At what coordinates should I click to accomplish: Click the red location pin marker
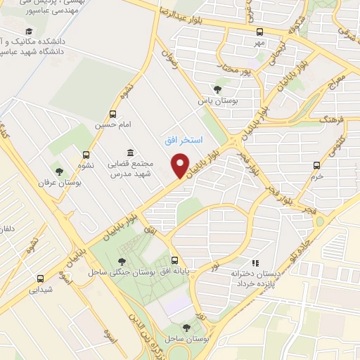tap(180, 166)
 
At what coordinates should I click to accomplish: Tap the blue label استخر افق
tap(183, 141)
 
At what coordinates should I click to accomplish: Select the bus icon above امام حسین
tap(112, 115)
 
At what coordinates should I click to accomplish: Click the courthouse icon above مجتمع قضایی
tap(129, 153)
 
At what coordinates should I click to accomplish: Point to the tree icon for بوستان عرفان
tap(59, 171)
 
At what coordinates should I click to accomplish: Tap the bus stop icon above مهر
tap(259, 32)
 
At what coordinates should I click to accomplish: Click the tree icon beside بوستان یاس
tap(218, 89)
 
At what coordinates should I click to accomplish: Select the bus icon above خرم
tap(316, 166)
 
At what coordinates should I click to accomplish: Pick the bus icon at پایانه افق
tap(174, 260)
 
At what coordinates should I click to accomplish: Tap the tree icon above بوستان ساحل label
tap(186, 328)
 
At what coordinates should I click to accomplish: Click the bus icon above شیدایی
tap(41, 278)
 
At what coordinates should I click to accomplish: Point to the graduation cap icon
tap(29, 31)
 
